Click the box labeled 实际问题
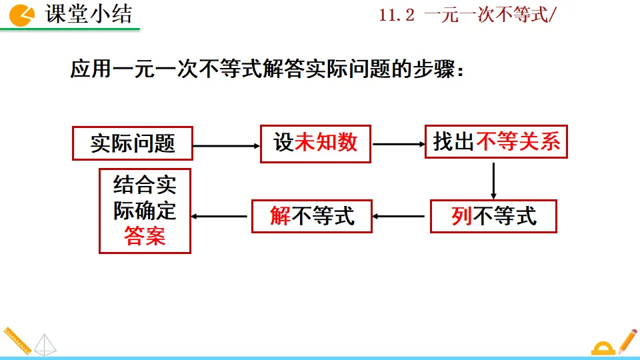point(132,143)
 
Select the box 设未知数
point(315,143)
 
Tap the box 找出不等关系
point(496,142)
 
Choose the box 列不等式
point(493,215)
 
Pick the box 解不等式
point(311,215)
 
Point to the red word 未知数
point(326,143)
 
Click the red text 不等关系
point(518,142)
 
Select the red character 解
point(280,215)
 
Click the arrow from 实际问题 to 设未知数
point(226,145)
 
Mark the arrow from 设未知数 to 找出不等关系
point(398,144)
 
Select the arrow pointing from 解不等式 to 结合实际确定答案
point(221,216)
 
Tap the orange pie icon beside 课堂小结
point(22,15)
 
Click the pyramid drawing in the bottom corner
point(46,344)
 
